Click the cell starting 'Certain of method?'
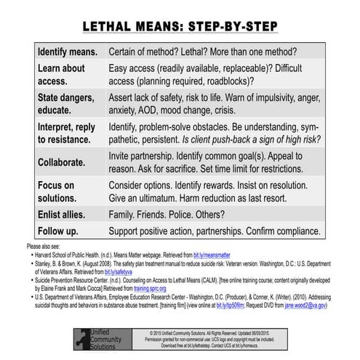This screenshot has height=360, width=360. pyautogui.click(x=217, y=53)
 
